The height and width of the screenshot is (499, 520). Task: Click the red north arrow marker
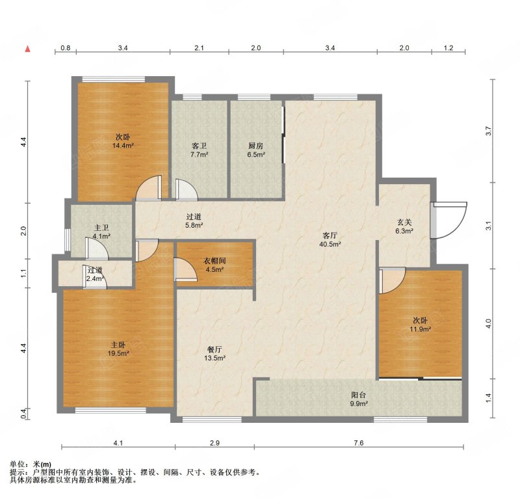(x=28, y=49)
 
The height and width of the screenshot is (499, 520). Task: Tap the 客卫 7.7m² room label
(x=200, y=150)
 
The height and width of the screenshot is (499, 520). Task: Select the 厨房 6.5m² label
(x=256, y=150)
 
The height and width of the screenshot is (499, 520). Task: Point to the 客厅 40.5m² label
(x=330, y=239)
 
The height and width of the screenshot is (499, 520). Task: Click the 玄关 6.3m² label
(x=404, y=226)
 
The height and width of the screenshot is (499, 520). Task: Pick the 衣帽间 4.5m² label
(x=214, y=265)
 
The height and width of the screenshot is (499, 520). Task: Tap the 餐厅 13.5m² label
(x=214, y=353)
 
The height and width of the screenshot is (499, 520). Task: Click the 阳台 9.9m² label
(x=359, y=399)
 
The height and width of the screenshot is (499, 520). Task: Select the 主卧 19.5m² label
(x=118, y=349)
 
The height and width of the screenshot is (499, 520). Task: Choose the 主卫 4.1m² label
(x=101, y=232)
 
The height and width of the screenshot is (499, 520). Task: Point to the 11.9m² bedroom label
(x=420, y=325)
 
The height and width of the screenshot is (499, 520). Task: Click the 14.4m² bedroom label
(x=123, y=141)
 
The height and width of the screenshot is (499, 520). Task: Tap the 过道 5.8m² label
(x=194, y=221)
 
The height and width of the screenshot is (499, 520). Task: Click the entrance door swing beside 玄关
(x=449, y=221)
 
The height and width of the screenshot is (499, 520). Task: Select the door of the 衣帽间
(x=186, y=269)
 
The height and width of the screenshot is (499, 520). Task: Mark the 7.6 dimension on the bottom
(x=359, y=443)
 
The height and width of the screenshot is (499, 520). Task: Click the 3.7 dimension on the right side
(x=488, y=131)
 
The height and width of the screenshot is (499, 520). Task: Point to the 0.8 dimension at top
(x=66, y=47)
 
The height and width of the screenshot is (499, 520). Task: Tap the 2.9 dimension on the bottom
(x=214, y=443)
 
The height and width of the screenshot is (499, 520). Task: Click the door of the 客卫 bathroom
(x=187, y=190)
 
